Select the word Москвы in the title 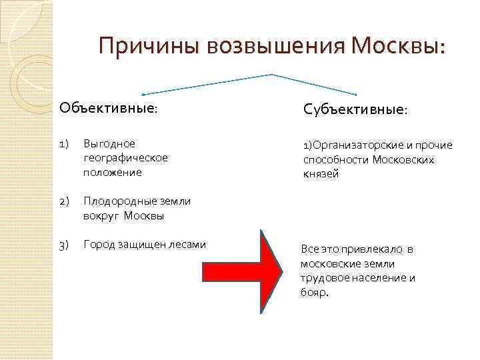(399, 47)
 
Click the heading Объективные (109, 108)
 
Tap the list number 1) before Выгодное (64, 143)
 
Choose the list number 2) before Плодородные (64, 201)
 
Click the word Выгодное (109, 143)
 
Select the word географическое (126, 158)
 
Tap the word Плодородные (117, 201)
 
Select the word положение (113, 173)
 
